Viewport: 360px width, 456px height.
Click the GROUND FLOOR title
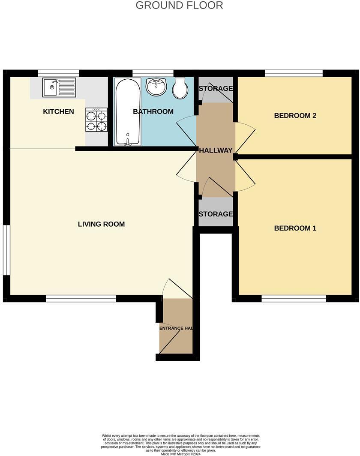tap(179, 6)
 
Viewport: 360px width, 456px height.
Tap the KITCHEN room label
tap(58, 112)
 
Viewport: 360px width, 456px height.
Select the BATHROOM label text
tap(153, 112)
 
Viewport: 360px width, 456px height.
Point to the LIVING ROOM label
tap(101, 224)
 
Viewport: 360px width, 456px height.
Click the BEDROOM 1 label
tap(295, 228)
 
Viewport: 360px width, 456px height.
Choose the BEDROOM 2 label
tap(295, 116)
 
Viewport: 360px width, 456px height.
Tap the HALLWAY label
tap(216, 150)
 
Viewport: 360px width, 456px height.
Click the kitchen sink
tap(59, 87)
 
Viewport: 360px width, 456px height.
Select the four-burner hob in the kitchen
tap(96, 120)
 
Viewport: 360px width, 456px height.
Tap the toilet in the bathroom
tap(179, 88)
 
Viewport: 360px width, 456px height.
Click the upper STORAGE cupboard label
tap(216, 89)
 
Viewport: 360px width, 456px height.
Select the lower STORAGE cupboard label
tap(216, 214)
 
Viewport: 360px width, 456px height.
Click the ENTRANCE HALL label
tap(176, 328)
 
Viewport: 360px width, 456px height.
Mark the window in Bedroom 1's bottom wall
tap(294, 298)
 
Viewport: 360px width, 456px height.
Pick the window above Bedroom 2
tap(294, 73)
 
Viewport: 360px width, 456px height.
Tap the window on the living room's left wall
tap(6, 249)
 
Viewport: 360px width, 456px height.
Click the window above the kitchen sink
tap(58, 73)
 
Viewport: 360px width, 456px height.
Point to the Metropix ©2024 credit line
tap(180, 454)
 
